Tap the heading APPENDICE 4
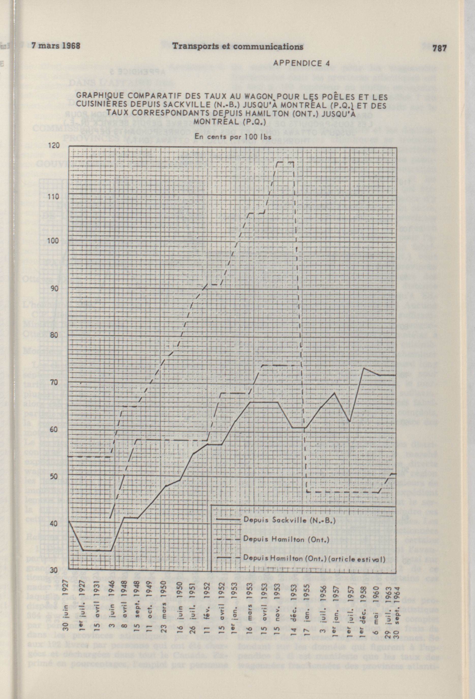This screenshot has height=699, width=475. pyautogui.click(x=302, y=64)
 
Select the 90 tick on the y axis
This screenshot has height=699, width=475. pyautogui.click(x=54, y=288)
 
